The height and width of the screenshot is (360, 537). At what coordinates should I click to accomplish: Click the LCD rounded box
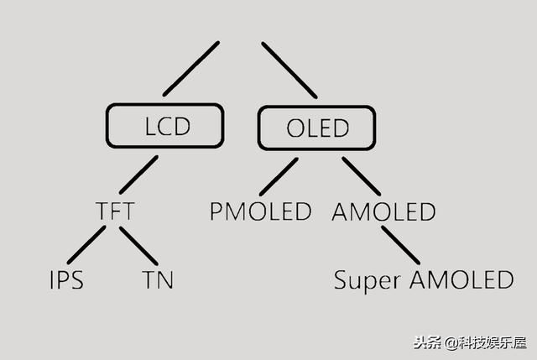(x=165, y=127)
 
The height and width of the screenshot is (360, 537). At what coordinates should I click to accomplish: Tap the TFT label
(x=115, y=211)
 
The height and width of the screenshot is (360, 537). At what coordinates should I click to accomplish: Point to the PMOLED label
(x=261, y=211)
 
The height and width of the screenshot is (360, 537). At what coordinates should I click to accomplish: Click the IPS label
(x=66, y=279)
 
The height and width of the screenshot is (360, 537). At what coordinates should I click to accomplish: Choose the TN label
(x=157, y=279)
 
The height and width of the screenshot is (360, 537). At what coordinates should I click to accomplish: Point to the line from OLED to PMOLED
(x=279, y=176)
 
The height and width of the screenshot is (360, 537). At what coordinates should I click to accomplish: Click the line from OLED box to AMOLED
(x=361, y=175)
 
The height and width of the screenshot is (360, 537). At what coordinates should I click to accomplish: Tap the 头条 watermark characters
(x=426, y=342)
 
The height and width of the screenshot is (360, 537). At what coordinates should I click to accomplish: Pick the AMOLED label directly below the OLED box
(x=383, y=211)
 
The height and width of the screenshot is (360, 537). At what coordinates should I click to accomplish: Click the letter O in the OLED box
(x=296, y=129)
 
